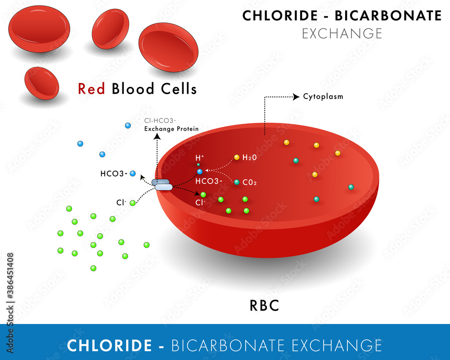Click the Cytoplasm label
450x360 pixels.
pyautogui.click(x=323, y=96)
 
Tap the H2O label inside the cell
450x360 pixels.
pyautogui.click(x=249, y=157)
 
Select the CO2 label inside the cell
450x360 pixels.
pyautogui.click(x=250, y=182)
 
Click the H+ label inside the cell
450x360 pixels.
pyautogui.click(x=199, y=158)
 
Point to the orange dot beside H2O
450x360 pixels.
pyautogui.click(x=237, y=157)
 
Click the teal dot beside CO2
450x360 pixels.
pyautogui.click(x=237, y=182)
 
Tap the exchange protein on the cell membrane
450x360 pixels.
pyautogui.click(x=162, y=184)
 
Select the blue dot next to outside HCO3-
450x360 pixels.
pyautogui.click(x=133, y=173)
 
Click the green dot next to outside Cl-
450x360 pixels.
pyautogui.click(x=133, y=203)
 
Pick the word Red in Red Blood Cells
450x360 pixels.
pyautogui.click(x=91, y=89)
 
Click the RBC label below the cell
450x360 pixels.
pyautogui.click(x=264, y=306)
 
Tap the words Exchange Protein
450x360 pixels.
pyautogui.click(x=171, y=129)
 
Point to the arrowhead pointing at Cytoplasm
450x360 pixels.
pyautogui.click(x=296, y=96)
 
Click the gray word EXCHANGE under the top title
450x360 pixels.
pyautogui.click(x=342, y=33)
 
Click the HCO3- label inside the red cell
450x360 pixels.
pyautogui.click(x=209, y=181)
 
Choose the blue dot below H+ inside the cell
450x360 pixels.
pyautogui.click(x=200, y=172)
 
